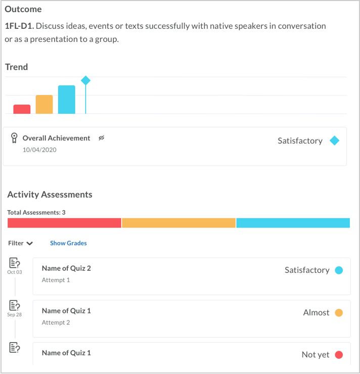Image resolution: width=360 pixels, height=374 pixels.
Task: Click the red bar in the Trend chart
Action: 22,109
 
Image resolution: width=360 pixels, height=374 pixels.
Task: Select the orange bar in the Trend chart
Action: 44,105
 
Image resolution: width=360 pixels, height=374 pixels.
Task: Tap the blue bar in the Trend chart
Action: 66,100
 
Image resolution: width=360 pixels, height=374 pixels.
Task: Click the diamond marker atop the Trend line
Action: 85,80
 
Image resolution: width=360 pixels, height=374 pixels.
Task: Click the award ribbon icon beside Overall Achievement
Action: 14,138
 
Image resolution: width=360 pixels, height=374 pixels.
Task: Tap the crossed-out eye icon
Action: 101,138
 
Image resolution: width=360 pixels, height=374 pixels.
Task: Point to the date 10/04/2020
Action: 39,150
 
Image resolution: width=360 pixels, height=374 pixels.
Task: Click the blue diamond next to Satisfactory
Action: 334,141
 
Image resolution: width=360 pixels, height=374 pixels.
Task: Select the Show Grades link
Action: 68,243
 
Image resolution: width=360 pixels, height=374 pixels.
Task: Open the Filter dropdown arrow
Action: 29,244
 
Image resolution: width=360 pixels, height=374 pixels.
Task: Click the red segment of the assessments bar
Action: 64,223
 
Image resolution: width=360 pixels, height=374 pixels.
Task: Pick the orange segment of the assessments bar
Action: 178,223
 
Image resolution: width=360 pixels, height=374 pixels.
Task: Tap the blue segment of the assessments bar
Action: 293,223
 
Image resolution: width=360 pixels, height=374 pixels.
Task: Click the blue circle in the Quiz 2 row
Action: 339,270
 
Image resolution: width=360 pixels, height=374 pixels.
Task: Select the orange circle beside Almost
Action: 339,313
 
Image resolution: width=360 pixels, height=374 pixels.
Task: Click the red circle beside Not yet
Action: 339,355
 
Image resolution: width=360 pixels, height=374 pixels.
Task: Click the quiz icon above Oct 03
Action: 15,263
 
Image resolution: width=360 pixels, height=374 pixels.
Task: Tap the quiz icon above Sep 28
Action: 15,305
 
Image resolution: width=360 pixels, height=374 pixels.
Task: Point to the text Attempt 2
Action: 56,322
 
